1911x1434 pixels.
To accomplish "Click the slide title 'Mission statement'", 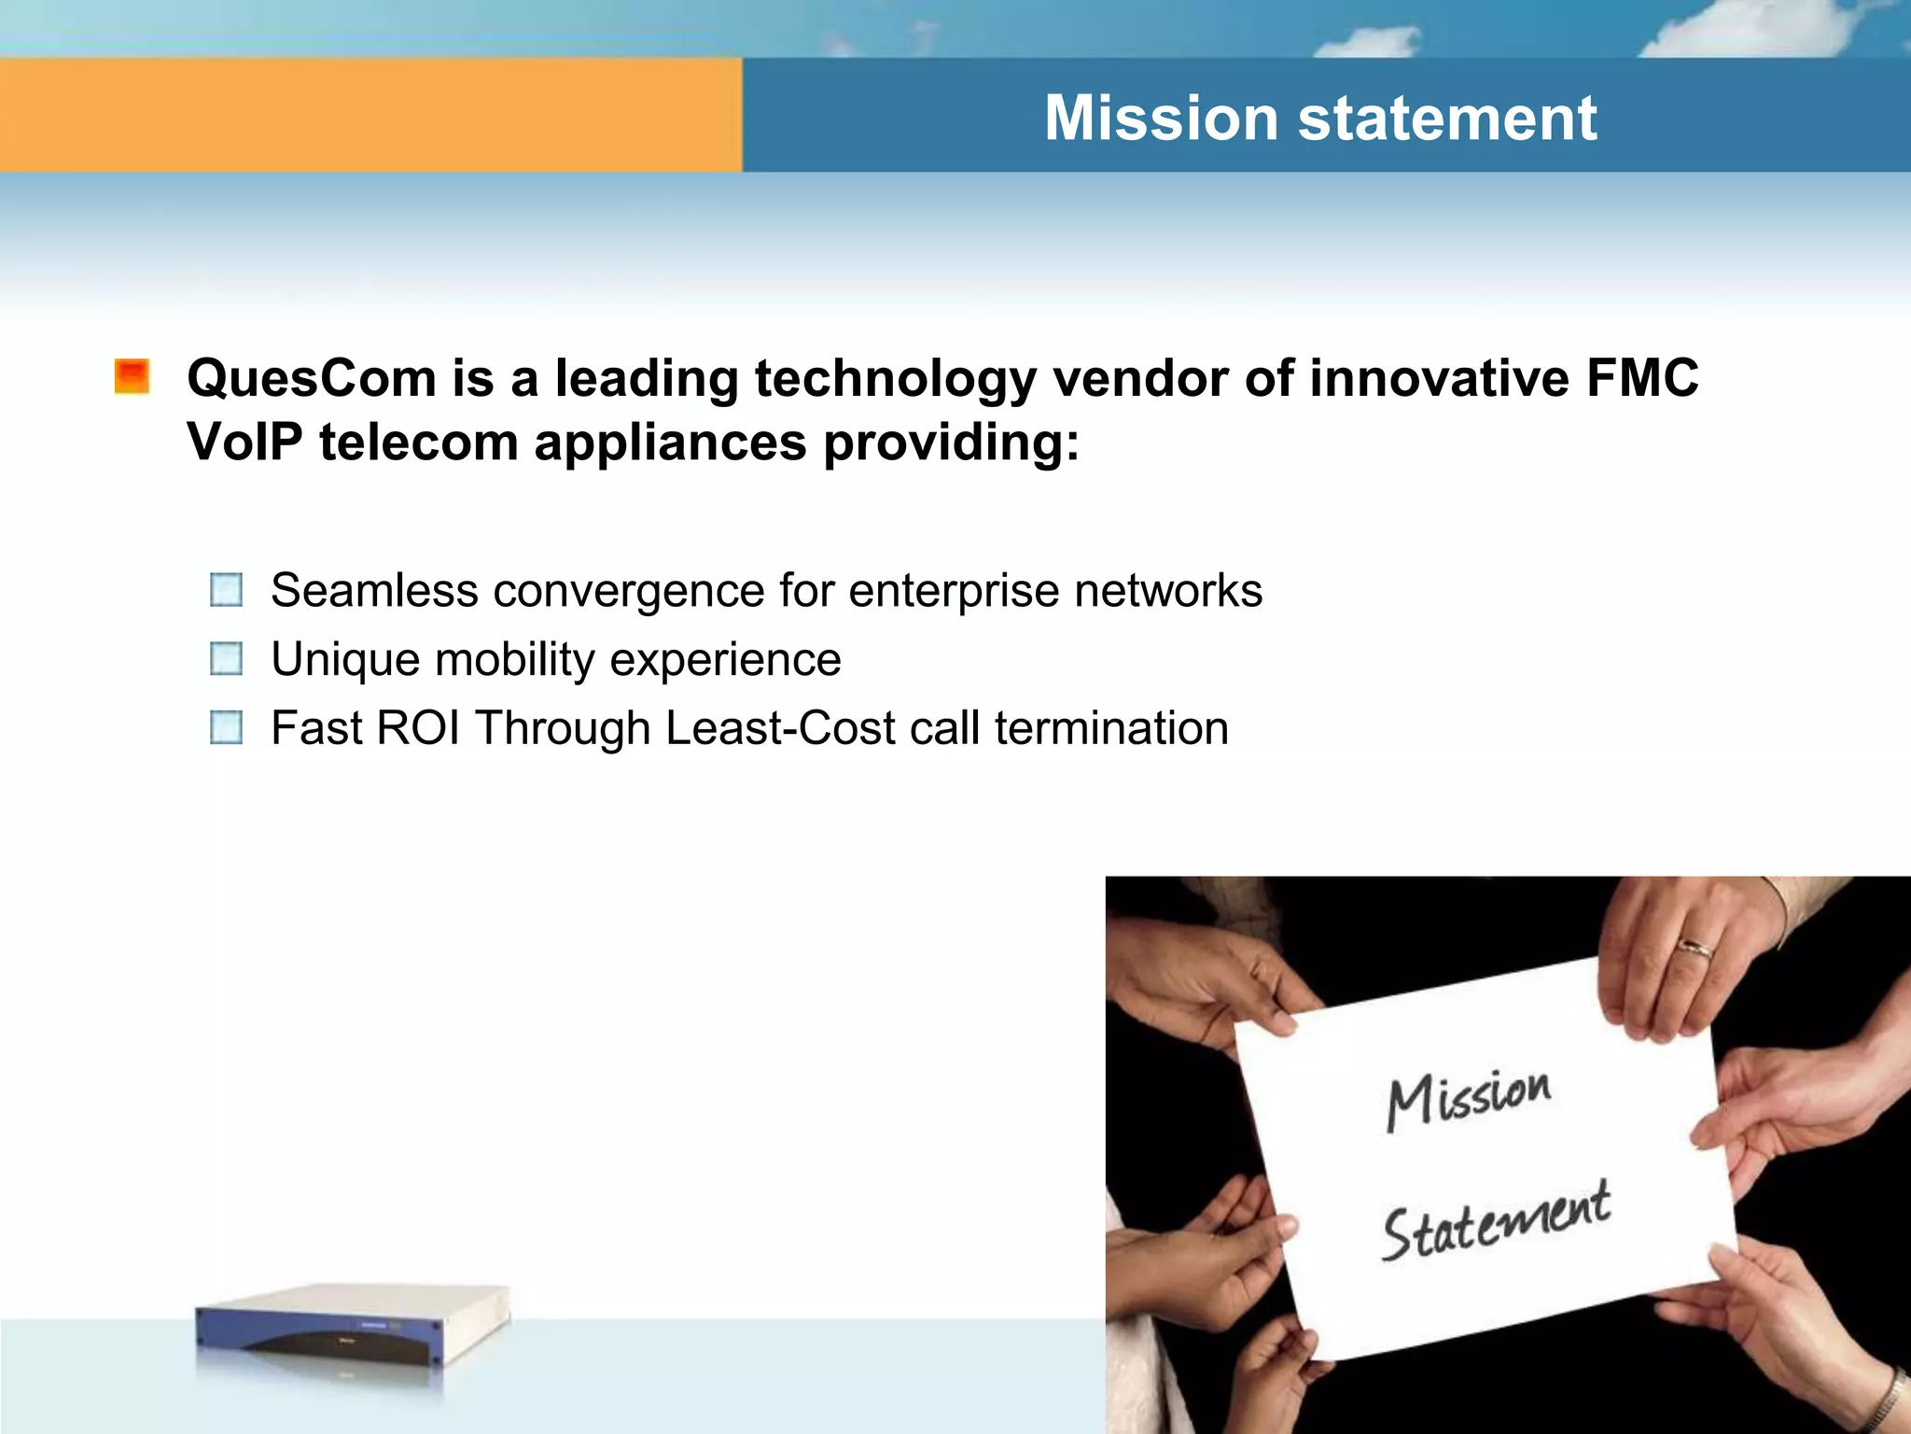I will click(x=1319, y=119).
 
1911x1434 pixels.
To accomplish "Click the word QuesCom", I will click(x=312, y=379).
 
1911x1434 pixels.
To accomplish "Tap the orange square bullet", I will click(x=133, y=376).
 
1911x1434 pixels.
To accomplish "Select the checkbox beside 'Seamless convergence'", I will click(x=227, y=590).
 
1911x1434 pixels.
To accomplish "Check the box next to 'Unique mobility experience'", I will click(x=227, y=659).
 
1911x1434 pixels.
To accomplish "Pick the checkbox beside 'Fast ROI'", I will click(x=227, y=727).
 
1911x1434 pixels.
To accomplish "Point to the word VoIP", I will click(x=244, y=442).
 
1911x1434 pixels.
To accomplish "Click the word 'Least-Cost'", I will click(x=780, y=728).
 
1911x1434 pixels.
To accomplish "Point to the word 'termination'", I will click(x=1111, y=728).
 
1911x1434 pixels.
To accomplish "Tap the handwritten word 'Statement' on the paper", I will click(x=1495, y=1221).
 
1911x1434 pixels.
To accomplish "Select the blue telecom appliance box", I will click(x=353, y=1330).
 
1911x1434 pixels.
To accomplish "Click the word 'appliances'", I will click(x=670, y=442).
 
